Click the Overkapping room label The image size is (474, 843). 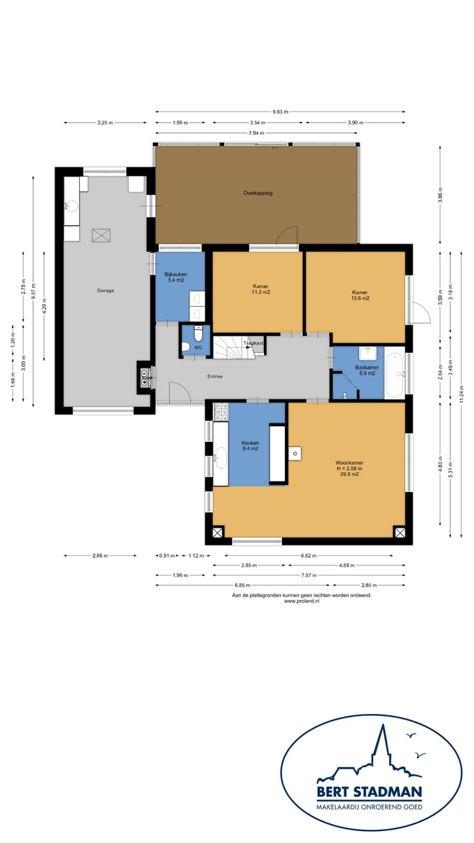click(257, 193)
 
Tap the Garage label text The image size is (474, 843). click(105, 290)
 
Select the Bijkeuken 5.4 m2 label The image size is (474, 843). click(176, 277)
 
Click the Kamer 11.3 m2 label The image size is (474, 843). click(261, 289)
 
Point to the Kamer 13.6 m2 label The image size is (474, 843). click(360, 295)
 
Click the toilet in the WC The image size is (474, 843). click(198, 334)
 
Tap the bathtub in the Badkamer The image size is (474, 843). click(394, 373)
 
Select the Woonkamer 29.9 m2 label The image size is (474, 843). click(349, 468)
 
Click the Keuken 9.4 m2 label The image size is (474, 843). click(250, 446)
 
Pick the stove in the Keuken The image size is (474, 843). click(221, 412)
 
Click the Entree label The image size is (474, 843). click(215, 376)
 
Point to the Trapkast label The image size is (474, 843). click(253, 343)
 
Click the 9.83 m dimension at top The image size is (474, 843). click(280, 112)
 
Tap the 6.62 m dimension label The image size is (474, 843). click(309, 555)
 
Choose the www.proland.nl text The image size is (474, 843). click(302, 601)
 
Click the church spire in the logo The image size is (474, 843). click(382, 745)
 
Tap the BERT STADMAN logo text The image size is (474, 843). click(369, 792)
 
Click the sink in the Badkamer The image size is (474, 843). click(367, 354)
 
